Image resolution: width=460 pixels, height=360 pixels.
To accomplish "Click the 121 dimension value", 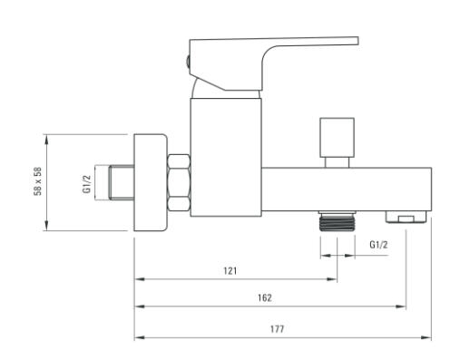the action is coord(230,270).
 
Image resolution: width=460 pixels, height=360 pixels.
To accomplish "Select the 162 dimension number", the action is coord(265,297).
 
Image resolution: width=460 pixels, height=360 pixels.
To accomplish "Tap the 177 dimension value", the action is coord(277,329).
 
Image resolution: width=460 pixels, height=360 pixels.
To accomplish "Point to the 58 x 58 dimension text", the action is coord(38,181).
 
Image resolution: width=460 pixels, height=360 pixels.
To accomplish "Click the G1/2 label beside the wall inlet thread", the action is coord(87,184).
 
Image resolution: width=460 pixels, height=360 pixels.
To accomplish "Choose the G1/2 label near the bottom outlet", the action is coord(378,244).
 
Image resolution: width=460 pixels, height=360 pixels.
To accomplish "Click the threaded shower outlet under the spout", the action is coord(338,221).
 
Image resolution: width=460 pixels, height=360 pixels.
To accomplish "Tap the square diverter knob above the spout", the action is coord(337,138).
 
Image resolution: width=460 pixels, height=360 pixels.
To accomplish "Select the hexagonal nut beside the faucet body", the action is coord(179,182).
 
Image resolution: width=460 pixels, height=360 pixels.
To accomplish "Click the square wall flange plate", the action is coord(151,182).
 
